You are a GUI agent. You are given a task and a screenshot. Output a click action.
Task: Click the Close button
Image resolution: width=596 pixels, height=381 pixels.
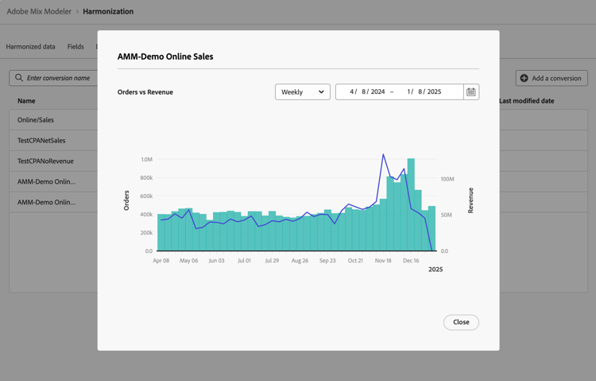[x=461, y=322]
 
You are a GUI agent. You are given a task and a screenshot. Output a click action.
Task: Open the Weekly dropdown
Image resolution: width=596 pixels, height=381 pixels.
[x=302, y=92]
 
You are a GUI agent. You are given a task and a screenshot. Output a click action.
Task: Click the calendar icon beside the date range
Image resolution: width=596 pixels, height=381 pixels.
[x=471, y=92]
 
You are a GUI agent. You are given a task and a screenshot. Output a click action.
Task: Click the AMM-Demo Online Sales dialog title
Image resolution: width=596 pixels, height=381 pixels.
[x=165, y=57]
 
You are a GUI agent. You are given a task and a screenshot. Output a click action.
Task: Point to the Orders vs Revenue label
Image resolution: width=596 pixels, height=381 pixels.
[x=145, y=92]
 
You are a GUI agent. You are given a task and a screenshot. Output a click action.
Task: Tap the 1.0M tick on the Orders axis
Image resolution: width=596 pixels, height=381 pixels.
[x=146, y=160]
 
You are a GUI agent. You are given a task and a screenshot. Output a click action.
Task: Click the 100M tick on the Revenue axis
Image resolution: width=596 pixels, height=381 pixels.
[x=447, y=179]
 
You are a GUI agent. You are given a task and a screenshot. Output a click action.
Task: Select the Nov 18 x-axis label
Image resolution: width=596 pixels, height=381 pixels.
[x=383, y=261]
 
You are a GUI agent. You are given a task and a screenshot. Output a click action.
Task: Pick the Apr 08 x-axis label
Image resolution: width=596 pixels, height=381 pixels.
[x=161, y=261]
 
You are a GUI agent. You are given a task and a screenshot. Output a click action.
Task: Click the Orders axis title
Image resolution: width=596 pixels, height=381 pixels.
[x=126, y=200]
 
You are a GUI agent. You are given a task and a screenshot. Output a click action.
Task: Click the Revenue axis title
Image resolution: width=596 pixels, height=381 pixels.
[x=470, y=200]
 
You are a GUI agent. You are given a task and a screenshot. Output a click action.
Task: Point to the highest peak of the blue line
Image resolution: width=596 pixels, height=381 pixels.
[x=383, y=155]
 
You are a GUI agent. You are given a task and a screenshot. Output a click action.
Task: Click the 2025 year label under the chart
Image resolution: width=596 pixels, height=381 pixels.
[x=435, y=270]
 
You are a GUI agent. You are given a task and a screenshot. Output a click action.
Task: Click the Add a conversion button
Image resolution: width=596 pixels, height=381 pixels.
[x=551, y=78]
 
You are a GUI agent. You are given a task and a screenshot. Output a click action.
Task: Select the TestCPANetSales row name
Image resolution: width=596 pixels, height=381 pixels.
[x=41, y=141]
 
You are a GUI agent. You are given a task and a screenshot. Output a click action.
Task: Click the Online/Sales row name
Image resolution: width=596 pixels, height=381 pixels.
[x=36, y=120]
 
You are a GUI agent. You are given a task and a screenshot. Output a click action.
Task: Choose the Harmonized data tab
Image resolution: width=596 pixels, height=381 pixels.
[x=30, y=47]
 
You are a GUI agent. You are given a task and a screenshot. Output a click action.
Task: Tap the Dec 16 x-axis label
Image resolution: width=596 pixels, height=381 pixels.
[x=411, y=261]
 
